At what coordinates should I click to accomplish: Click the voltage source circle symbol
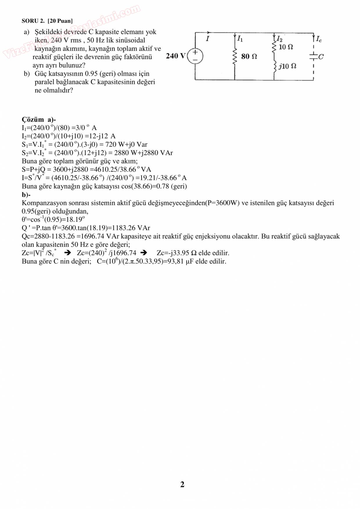click(x=195, y=56)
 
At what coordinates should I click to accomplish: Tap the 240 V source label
click(x=175, y=56)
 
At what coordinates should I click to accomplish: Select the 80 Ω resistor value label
click(x=249, y=56)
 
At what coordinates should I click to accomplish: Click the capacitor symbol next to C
click(x=314, y=56)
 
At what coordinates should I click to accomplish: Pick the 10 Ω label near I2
click(x=286, y=47)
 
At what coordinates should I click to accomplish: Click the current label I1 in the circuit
click(x=240, y=39)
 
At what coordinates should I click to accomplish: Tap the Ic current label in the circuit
click(x=319, y=39)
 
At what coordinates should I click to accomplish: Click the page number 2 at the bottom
click(x=182, y=484)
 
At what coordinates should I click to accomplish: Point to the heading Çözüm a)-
click(x=39, y=119)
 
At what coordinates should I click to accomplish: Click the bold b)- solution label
click(x=26, y=194)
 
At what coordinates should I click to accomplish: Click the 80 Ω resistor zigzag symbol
click(x=235, y=56)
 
